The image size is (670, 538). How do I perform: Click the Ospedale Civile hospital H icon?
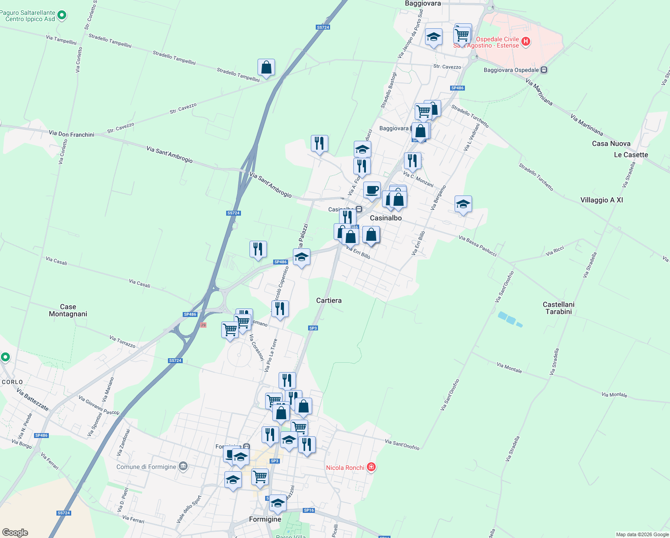[x=526, y=42]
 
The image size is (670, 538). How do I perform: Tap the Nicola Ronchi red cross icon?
[x=371, y=467]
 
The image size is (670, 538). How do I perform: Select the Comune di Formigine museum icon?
[x=183, y=467]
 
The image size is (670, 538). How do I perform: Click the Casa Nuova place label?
[x=611, y=143]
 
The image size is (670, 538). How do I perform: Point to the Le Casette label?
[x=631, y=155]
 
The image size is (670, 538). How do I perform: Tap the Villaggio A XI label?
[x=601, y=200]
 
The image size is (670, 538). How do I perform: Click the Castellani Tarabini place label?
[x=558, y=308]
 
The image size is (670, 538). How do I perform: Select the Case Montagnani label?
[x=68, y=310]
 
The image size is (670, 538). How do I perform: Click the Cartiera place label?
[x=329, y=300]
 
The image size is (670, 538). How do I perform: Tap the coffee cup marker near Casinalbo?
[x=372, y=190]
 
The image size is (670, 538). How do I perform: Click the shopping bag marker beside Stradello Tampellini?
[x=266, y=67]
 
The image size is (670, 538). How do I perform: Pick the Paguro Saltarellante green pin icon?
[x=62, y=16]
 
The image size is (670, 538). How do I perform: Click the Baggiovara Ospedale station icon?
[x=544, y=70]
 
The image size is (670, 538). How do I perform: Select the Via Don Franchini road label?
[x=72, y=134]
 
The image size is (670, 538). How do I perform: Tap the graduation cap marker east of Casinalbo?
[x=463, y=204]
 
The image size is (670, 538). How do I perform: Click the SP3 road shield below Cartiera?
[x=313, y=328]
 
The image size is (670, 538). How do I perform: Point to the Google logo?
[x=15, y=533]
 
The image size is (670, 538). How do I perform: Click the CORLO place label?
[x=12, y=382]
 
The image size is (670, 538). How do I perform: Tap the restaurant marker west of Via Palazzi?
[x=258, y=249]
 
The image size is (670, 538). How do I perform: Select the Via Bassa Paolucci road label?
[x=478, y=246]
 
